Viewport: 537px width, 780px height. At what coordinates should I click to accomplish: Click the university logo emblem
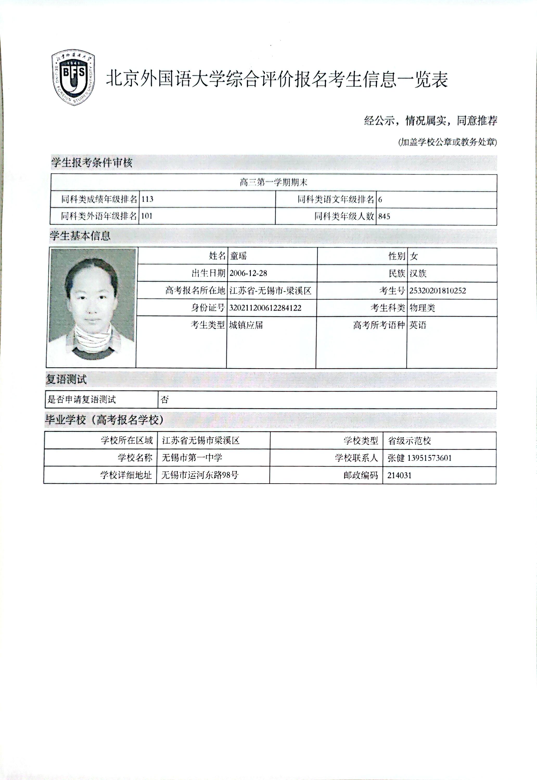point(73,78)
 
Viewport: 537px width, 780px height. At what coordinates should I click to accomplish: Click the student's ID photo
point(92,307)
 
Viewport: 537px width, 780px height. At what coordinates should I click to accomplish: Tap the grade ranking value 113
point(147,199)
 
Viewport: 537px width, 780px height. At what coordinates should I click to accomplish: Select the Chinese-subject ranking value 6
point(380,200)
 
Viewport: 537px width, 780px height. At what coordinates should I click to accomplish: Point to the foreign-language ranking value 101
point(147,216)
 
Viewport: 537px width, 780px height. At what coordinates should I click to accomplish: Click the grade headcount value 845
point(384,217)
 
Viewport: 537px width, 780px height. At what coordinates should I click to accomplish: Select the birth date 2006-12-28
point(248,273)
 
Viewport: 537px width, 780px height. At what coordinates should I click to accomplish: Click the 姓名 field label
point(217,256)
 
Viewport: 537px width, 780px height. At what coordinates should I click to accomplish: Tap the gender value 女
point(414,257)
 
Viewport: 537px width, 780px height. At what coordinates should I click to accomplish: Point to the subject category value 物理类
point(422,308)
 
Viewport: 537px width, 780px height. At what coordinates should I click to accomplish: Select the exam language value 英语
point(418,325)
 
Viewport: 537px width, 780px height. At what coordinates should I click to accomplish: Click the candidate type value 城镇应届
point(246,325)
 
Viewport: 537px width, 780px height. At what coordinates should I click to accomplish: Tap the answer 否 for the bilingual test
point(164,400)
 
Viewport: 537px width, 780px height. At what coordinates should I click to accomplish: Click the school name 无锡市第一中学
point(192,458)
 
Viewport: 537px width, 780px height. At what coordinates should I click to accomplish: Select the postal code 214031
point(399,475)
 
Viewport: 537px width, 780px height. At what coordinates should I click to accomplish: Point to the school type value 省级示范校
point(409,441)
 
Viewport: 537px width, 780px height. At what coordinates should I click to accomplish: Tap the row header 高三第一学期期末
point(273,183)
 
